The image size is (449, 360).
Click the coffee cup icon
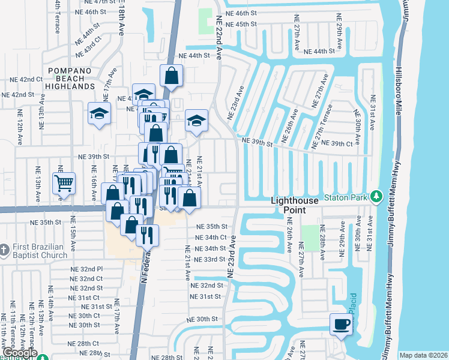342,325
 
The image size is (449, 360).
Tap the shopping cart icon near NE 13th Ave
64,183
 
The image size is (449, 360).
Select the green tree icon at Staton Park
376,196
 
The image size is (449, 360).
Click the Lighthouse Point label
295,205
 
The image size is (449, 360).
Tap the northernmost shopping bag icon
171,76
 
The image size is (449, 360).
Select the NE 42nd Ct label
23,79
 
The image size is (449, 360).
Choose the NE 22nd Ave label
219,36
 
